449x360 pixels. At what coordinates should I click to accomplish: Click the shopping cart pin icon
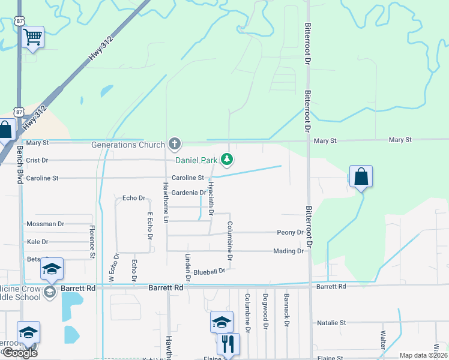click(x=32, y=37)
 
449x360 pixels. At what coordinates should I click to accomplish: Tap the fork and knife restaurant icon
click(x=228, y=344)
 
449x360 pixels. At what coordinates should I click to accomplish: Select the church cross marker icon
click(x=174, y=143)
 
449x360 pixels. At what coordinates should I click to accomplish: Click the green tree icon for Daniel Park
click(x=226, y=159)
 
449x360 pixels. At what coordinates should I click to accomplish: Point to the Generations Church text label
click(x=128, y=145)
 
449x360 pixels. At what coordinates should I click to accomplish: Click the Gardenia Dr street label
click(x=188, y=193)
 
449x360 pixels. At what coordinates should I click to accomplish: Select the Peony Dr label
click(x=290, y=232)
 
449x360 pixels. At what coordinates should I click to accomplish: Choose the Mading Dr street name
click(x=288, y=251)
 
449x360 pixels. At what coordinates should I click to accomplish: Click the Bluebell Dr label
click(x=209, y=271)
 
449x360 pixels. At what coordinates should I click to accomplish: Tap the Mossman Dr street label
click(x=45, y=224)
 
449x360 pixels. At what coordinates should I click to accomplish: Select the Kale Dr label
click(x=37, y=242)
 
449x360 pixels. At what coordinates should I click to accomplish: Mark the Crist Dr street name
click(x=37, y=160)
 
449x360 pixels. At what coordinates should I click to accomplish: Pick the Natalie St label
click(x=331, y=323)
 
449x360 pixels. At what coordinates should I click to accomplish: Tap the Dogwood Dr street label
click(x=265, y=310)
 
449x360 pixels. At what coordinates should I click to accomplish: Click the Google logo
click(x=20, y=353)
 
